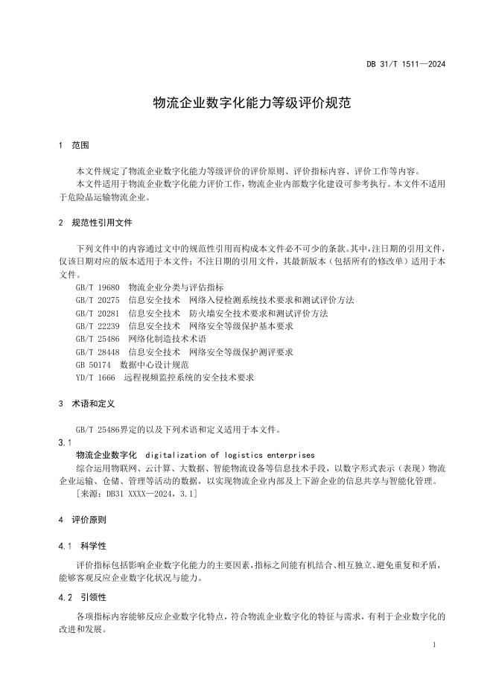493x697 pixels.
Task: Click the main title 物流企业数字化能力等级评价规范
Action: [x=246, y=103]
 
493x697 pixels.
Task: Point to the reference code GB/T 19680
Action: [x=98, y=287]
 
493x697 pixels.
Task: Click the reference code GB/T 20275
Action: [x=98, y=300]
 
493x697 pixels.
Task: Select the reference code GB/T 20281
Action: [x=98, y=314]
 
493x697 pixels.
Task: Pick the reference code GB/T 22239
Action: [x=98, y=326]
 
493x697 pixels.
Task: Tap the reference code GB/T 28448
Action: [x=98, y=352]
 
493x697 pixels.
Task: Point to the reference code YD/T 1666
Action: [x=95, y=378]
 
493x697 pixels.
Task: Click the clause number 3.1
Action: [x=66, y=442]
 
